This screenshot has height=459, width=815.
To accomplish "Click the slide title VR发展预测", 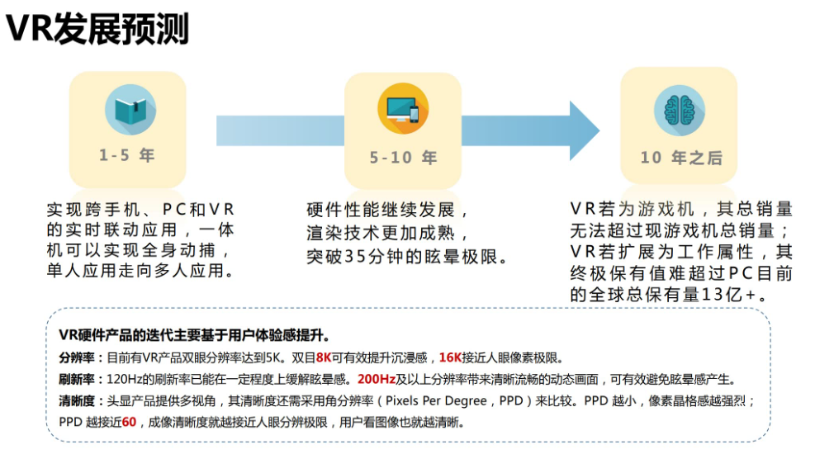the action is (x=97, y=29).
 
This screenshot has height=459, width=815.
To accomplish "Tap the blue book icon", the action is (x=130, y=111).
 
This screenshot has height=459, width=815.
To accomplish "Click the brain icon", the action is (x=679, y=111).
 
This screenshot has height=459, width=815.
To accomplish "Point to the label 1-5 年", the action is (x=127, y=155).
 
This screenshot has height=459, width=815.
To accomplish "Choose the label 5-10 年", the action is (x=403, y=158).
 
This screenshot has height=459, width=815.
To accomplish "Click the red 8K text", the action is (x=324, y=358).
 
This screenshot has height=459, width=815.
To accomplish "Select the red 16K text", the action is (x=451, y=358).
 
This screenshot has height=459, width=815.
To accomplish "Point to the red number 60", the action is (x=129, y=423).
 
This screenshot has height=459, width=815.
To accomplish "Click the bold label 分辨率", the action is (x=76, y=358).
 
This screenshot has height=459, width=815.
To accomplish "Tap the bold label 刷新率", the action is (x=76, y=380).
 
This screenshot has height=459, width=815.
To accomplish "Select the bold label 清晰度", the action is (x=76, y=401).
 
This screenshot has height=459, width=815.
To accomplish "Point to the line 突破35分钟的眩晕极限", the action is (x=407, y=257).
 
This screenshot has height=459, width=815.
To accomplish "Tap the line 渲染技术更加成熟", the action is (x=387, y=234).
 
